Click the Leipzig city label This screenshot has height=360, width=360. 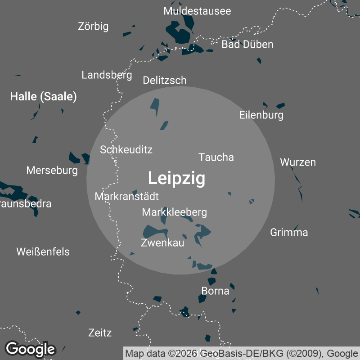pyautogui.click(x=176, y=179)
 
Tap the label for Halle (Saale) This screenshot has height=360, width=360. pyautogui.click(x=43, y=96)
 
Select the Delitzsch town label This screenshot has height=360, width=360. pyautogui.click(x=164, y=81)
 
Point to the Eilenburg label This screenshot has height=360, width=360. pyautogui.click(x=261, y=115)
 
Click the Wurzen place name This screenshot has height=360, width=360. pyautogui.click(x=298, y=162)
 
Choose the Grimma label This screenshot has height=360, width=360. pyautogui.click(x=289, y=232)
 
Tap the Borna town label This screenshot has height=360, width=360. pyautogui.click(x=215, y=291)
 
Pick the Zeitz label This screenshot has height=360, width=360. pyautogui.click(x=100, y=333)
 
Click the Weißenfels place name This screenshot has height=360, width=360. pyautogui.click(x=43, y=252)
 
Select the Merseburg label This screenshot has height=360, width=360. pyautogui.click(x=52, y=171)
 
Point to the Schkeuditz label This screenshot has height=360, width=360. pyautogui.click(x=126, y=149)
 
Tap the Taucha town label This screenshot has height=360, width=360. pyautogui.click(x=216, y=157)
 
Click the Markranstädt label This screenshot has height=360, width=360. pyautogui.click(x=126, y=197)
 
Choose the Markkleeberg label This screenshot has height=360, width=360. pyautogui.click(x=174, y=212)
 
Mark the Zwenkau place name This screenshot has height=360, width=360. pyautogui.click(x=162, y=243)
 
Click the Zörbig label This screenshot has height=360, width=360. pyautogui.click(x=93, y=27)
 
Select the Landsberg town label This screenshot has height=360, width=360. pyautogui.click(x=107, y=75)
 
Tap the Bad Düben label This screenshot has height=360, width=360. pyautogui.click(x=247, y=44)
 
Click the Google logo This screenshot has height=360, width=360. pyautogui.click(x=30, y=349)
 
